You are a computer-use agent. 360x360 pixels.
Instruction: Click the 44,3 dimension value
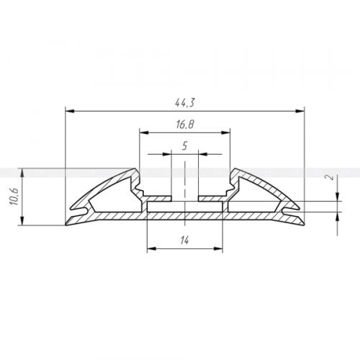point(184,103)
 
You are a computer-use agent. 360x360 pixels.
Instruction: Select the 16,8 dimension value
point(185,125)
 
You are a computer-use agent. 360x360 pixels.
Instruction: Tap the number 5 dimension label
point(184,145)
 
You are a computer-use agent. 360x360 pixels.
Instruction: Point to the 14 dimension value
point(184,240)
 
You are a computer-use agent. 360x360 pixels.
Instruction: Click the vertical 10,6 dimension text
point(14,197)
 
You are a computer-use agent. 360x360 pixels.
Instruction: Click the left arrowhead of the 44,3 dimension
point(70,111)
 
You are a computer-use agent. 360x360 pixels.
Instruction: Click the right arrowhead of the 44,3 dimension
point(300,111)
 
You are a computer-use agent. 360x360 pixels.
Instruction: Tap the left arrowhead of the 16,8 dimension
point(144,132)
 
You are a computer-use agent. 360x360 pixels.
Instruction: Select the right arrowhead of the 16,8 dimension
point(225,132)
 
